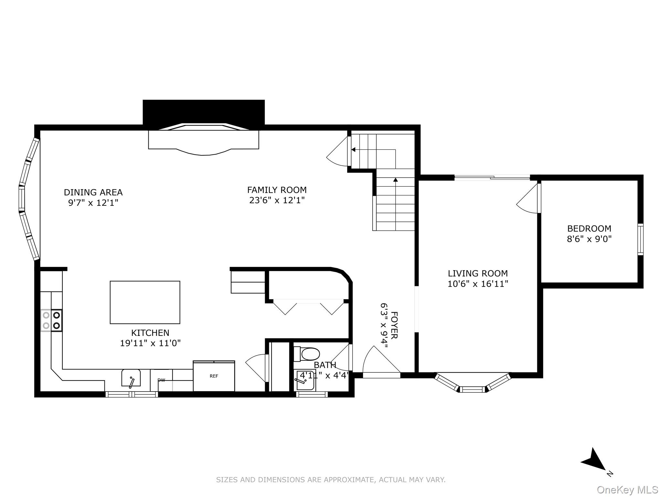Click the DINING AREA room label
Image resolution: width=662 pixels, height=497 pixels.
(93, 192)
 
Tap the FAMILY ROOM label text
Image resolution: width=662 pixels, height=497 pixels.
(277, 190)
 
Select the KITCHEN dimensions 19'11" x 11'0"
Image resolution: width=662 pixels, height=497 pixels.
(150, 343)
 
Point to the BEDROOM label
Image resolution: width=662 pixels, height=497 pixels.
(589, 228)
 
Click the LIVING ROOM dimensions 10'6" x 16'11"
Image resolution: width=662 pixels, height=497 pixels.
(478, 284)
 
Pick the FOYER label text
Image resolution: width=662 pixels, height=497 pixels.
(394, 325)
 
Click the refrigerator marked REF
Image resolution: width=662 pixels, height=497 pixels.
(214, 376)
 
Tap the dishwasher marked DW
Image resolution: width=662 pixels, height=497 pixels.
(161, 380)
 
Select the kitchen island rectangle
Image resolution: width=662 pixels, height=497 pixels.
(145, 302)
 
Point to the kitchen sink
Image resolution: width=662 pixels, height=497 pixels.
(131, 378)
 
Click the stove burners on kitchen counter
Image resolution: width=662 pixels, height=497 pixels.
(51, 320)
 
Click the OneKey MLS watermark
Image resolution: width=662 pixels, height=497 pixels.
(627, 490)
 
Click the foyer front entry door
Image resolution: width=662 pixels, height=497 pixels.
(381, 361)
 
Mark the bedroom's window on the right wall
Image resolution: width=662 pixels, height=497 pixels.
(640, 239)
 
